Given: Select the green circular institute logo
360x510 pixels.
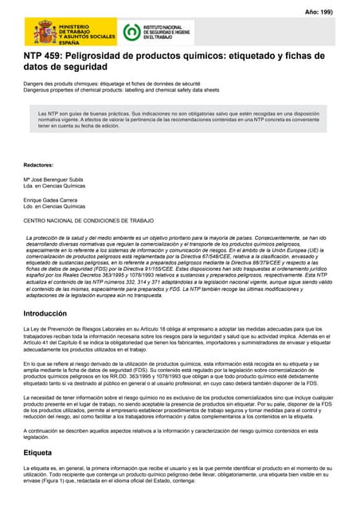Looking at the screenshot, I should [x=131, y=33].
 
